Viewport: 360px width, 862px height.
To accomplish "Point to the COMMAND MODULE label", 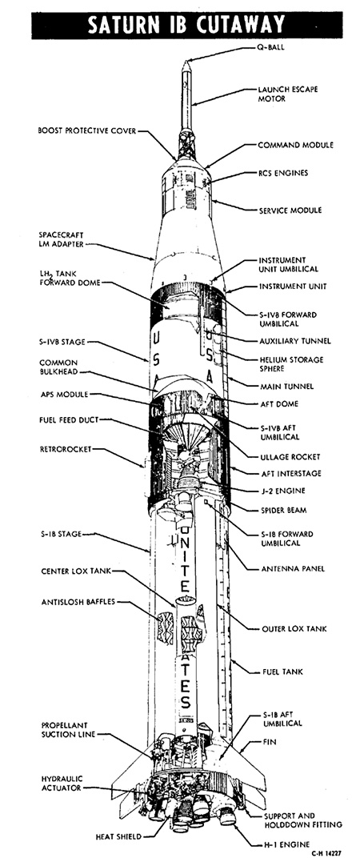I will point(295,145).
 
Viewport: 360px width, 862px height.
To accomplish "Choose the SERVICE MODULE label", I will point(290,210).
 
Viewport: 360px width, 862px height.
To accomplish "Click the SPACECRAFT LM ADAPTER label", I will point(61,239).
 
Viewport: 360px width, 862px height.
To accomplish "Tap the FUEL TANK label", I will point(281,672).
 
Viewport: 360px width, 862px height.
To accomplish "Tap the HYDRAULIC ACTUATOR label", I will point(60,783).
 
